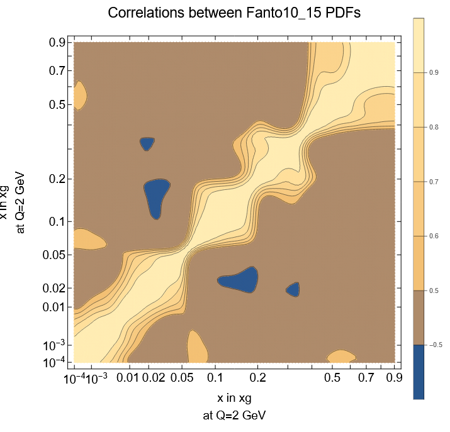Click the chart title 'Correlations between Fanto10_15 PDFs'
click(x=233, y=13)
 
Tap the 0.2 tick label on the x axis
click(x=257, y=378)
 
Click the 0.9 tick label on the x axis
click(x=395, y=378)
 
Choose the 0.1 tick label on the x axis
click(x=215, y=378)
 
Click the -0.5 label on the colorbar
click(x=435, y=345)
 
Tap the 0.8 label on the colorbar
click(x=434, y=127)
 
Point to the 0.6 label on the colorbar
click(x=434, y=236)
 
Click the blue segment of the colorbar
click(x=419, y=371)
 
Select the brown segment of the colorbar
click(x=419, y=317)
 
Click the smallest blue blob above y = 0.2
click(x=147, y=143)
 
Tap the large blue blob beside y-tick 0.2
click(x=156, y=196)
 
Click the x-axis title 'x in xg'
click(x=234, y=398)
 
